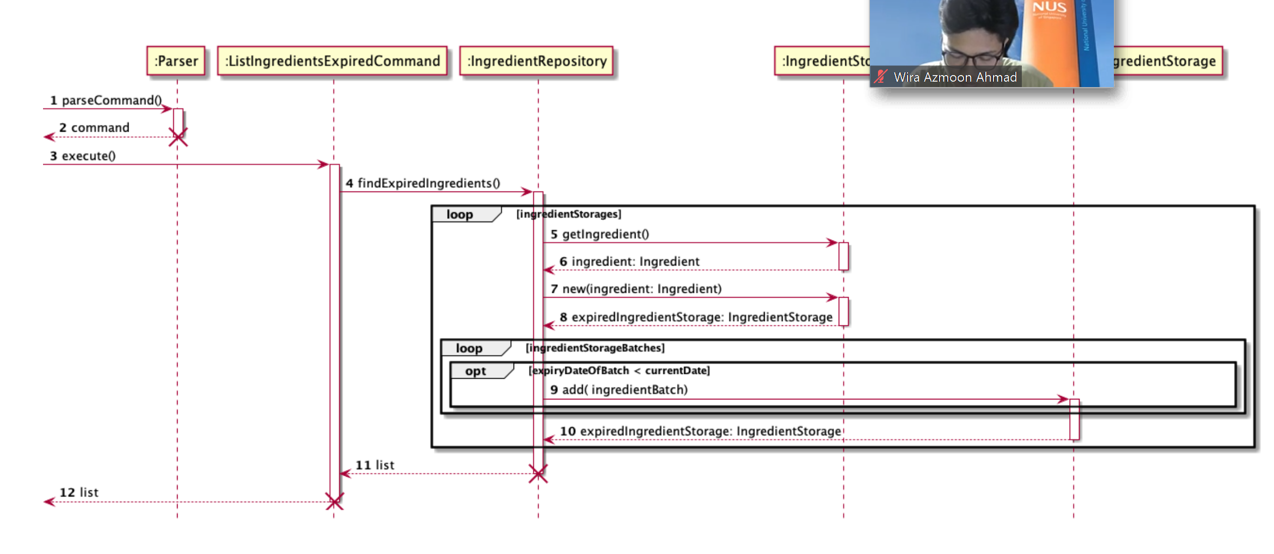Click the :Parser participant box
(x=176, y=61)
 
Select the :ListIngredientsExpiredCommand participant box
(x=332, y=61)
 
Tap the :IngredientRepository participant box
(x=537, y=61)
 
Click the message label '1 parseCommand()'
(x=106, y=100)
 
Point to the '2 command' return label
(x=94, y=127)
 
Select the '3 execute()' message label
(x=83, y=156)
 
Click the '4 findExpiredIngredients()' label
(x=423, y=183)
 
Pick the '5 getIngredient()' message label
(x=600, y=234)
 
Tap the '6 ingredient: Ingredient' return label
(x=629, y=261)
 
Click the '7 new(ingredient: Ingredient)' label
(x=636, y=288)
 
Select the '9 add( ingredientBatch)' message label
(x=619, y=390)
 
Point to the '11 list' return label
(x=375, y=465)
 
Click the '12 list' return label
(x=79, y=492)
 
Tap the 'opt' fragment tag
(x=475, y=371)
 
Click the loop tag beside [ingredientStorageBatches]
(x=469, y=348)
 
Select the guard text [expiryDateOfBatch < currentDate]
(x=619, y=371)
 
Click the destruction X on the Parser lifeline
(x=178, y=137)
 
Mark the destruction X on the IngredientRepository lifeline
(x=538, y=473)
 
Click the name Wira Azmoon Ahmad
(x=955, y=77)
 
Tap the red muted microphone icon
(x=880, y=77)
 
